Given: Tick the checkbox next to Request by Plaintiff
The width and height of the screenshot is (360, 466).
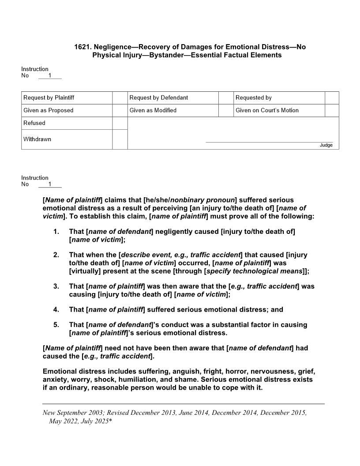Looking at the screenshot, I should click(x=120, y=98).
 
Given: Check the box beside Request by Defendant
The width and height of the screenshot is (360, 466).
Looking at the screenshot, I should click(x=226, y=98).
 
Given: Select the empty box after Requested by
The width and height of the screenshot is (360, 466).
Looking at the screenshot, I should click(x=332, y=98).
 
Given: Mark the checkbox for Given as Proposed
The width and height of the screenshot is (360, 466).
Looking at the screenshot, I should click(x=120, y=110).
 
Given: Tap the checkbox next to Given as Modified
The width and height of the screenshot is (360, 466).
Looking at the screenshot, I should click(x=226, y=110).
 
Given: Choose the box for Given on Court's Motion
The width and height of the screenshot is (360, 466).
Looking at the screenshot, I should click(x=332, y=110).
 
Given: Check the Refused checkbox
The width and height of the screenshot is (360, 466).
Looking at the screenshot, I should click(x=120, y=123).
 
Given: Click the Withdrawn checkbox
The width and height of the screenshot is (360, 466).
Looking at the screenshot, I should click(x=120, y=139).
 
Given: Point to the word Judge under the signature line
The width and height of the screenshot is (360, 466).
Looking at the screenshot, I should click(x=326, y=146).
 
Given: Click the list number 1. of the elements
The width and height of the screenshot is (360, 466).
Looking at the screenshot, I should click(x=56, y=231).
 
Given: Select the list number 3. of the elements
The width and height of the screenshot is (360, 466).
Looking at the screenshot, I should click(x=56, y=286).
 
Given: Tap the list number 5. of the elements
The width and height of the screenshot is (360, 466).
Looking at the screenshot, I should click(x=56, y=324).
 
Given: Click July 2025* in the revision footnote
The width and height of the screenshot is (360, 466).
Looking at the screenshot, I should click(x=93, y=421).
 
